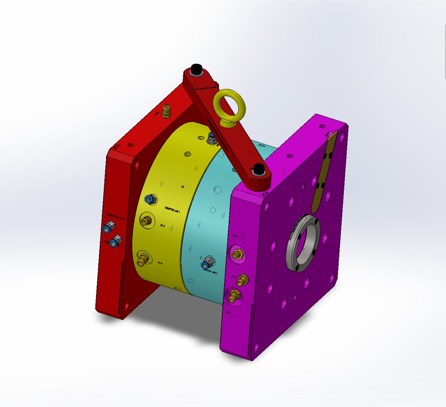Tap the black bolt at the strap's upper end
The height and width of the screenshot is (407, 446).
196,70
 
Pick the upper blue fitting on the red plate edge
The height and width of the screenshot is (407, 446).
108,229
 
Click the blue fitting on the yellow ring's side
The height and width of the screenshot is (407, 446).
150,199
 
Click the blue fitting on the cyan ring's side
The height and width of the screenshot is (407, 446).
207,263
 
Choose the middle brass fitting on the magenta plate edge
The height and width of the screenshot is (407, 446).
243,279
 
